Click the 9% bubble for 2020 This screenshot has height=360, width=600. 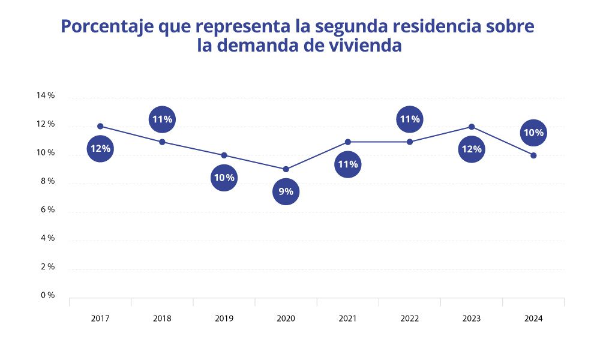point(286,192)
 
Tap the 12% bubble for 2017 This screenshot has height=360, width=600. point(100,149)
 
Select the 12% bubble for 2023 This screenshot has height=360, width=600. point(471,149)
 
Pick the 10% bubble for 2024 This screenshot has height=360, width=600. point(533,133)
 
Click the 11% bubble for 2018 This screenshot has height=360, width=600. point(162,119)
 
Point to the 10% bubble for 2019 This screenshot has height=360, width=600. point(224,178)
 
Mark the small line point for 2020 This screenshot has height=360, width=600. point(286,169)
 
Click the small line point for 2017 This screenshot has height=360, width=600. point(100,126)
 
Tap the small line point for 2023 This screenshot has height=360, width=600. point(472,127)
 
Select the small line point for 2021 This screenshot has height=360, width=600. point(348,142)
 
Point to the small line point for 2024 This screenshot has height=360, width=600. point(533,155)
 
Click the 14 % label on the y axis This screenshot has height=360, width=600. point(46,95)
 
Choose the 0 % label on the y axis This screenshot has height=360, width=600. point(47,295)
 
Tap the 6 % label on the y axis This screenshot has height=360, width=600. point(47,209)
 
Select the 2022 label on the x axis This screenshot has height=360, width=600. point(409,319)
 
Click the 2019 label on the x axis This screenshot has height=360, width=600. point(224,319)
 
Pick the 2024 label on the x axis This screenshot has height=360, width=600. point(533,319)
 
